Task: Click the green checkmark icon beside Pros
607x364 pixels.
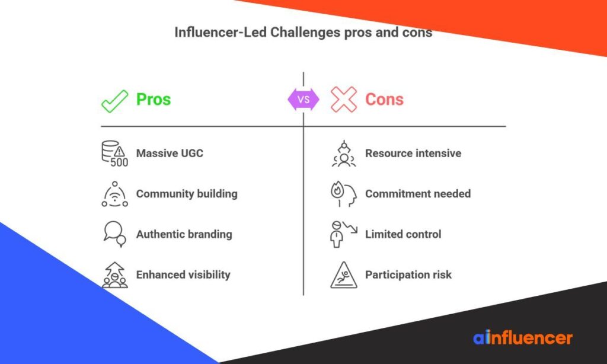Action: [x=114, y=100]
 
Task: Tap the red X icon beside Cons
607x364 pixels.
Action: [x=343, y=100]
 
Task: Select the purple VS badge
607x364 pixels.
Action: [x=303, y=100]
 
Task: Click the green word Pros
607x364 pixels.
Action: [x=154, y=99]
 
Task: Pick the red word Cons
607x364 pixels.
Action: [x=384, y=99]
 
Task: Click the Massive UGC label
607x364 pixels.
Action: [x=170, y=154]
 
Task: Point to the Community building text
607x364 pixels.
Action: [x=187, y=194]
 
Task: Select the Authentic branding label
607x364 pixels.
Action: [x=184, y=234]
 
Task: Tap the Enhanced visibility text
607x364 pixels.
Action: [x=183, y=274]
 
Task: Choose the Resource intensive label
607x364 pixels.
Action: [x=413, y=154]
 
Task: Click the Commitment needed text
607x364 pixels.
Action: [x=418, y=194]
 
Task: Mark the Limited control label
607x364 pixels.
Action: [x=403, y=234]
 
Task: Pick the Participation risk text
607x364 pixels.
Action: [x=408, y=274]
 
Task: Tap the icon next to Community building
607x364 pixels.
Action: [x=114, y=194]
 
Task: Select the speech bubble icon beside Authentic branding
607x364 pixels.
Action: [x=114, y=234]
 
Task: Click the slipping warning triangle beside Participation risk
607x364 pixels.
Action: [x=343, y=275]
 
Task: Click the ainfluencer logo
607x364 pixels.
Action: [x=523, y=338]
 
